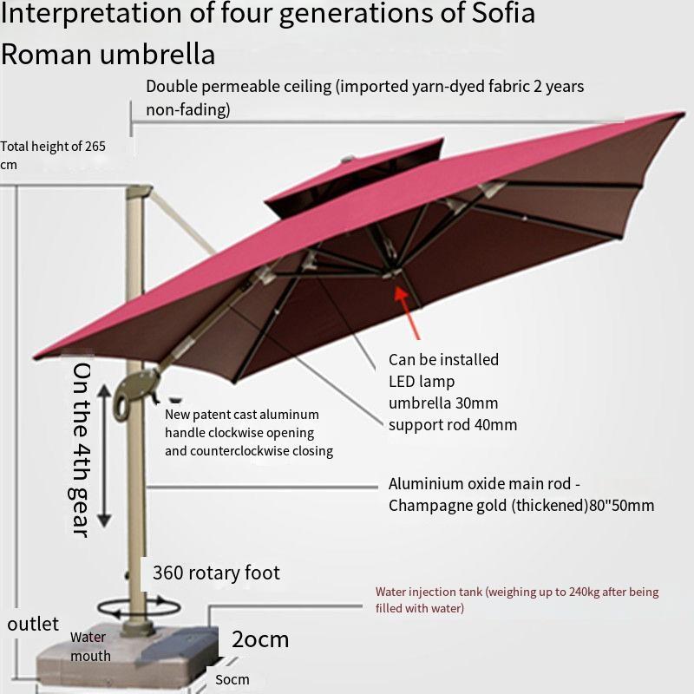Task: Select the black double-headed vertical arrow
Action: pyautogui.click(x=104, y=455)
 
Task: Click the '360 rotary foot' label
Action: pyautogui.click(x=216, y=573)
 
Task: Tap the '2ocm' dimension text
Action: pyautogui.click(x=259, y=640)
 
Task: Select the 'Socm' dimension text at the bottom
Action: pyautogui.click(x=232, y=679)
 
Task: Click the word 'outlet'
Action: pyautogui.click(x=33, y=624)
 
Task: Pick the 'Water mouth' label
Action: pyautogui.click(x=90, y=646)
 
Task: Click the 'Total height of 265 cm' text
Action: pyautogui.click(x=52, y=155)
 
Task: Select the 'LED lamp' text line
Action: pyautogui.click(x=422, y=381)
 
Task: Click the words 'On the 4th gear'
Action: pyautogui.click(x=80, y=449)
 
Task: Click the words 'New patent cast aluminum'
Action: pyautogui.click(x=242, y=415)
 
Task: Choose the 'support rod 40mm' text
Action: pyautogui.click(x=452, y=424)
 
